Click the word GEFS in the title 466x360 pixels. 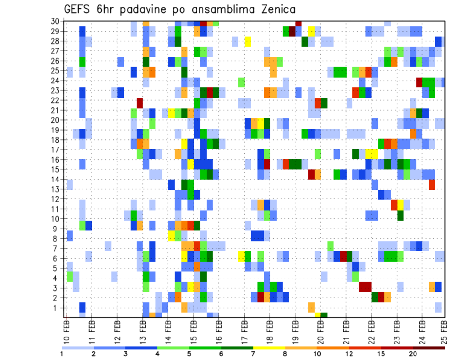point(79,9)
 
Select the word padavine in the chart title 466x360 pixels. point(146,9)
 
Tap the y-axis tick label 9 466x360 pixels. point(56,228)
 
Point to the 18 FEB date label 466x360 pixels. point(269,331)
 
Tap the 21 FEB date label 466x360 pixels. point(346,331)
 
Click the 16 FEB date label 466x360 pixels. point(219,331)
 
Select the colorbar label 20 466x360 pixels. point(413,354)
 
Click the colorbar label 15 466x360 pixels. point(381,354)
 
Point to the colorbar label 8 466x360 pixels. point(285,354)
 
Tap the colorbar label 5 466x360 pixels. point(189,354)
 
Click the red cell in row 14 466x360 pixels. point(432,184)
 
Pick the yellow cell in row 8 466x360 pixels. point(171,236)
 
